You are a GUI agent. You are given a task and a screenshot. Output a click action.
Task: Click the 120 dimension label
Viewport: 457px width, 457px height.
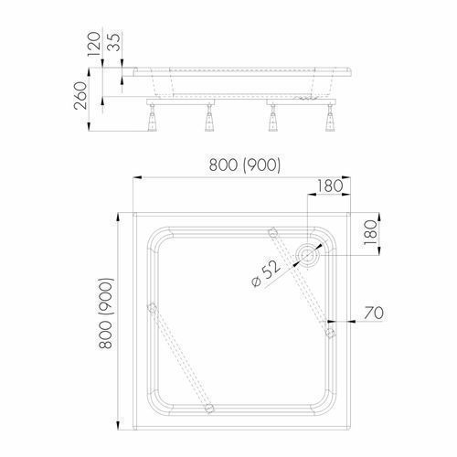93,45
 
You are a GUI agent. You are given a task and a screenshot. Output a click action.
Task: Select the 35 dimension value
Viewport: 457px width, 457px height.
114,42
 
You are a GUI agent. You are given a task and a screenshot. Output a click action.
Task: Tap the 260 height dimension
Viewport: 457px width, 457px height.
80,95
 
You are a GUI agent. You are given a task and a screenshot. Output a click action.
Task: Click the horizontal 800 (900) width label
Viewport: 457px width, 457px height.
245,165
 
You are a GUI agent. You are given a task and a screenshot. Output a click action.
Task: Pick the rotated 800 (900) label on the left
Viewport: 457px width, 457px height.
106,314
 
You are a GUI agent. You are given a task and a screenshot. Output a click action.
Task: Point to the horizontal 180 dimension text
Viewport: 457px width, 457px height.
330,186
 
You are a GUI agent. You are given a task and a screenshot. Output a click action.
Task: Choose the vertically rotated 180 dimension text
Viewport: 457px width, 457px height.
370,233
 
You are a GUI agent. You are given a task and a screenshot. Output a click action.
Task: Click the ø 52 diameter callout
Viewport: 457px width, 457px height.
266,273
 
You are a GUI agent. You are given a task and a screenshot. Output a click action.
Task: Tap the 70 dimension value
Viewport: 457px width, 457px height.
374,313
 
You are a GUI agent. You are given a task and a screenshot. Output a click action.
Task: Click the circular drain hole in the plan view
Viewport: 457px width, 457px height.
308,254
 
